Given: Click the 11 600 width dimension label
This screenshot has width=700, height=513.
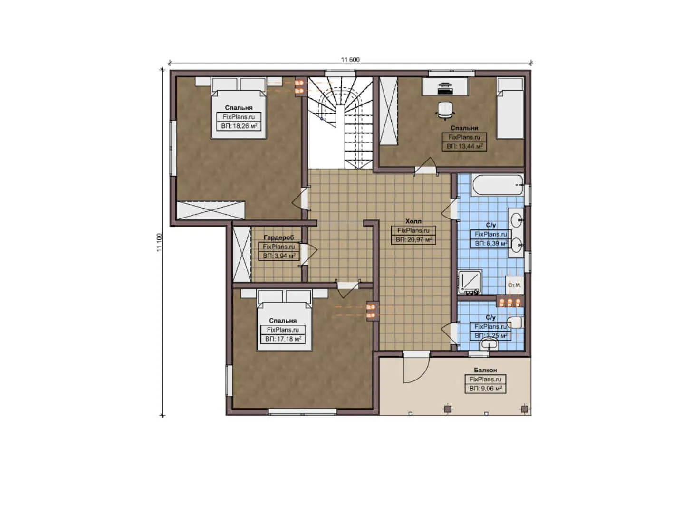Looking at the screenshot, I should coord(350,60).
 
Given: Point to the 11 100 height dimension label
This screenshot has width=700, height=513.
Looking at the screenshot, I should coord(159,243).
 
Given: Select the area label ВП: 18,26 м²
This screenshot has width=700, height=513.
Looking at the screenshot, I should coord(239,126).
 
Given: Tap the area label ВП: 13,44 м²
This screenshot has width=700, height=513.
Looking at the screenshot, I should coord(464,146).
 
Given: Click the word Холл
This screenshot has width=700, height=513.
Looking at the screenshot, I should coord(413,221).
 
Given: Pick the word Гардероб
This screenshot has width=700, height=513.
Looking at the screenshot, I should coord(278,237).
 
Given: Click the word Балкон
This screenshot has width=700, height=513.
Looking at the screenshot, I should coord(485,370).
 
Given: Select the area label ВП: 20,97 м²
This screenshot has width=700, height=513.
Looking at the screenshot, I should coord(413,240).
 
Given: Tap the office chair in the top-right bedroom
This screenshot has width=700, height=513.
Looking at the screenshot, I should coord(445,109).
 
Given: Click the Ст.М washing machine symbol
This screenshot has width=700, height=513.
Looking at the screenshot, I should coord(514,285).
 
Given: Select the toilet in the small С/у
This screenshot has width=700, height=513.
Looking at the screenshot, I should coord(515,323).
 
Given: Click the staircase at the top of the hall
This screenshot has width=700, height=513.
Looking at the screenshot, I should coord(339,121).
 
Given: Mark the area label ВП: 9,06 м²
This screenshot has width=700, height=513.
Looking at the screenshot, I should coord(485,389).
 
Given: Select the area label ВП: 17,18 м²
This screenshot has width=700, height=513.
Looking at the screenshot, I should coord(283,339).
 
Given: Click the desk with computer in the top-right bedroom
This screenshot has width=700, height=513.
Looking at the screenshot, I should coord(445,86).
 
